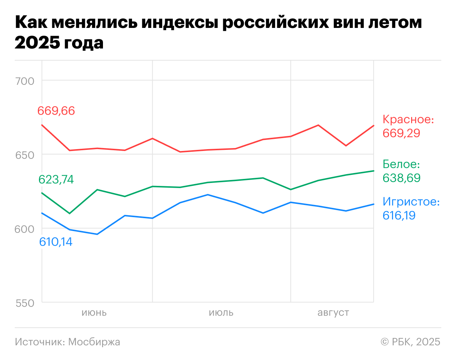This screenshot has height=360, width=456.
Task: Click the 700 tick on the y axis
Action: point(25,81)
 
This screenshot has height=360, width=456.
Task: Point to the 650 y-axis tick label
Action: point(25,155)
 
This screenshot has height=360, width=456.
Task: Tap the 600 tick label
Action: point(25,229)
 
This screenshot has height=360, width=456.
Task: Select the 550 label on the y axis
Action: point(25,303)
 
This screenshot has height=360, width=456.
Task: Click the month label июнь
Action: point(94,313)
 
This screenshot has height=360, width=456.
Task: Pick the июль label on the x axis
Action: point(221,313)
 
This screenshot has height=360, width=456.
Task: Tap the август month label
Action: point(333,313)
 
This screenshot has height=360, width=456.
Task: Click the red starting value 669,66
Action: point(56,111)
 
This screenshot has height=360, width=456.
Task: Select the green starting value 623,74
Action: point(56,179)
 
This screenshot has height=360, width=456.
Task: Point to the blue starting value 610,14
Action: point(56,242)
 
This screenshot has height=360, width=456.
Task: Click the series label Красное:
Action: point(408,119)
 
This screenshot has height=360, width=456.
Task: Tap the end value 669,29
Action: point(401,133)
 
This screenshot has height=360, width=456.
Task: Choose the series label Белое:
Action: point(401,164)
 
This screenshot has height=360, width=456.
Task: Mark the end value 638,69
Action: point(401,178)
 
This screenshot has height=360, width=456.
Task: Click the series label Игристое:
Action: point(411,202)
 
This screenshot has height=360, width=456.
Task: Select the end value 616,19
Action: point(399,215)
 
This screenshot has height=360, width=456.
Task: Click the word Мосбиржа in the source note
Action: point(94,342)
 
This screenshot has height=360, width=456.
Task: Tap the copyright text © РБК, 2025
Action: point(410,342)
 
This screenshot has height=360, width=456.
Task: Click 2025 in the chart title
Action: point(37,43)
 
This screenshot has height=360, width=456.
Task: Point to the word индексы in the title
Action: point(180,23)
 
